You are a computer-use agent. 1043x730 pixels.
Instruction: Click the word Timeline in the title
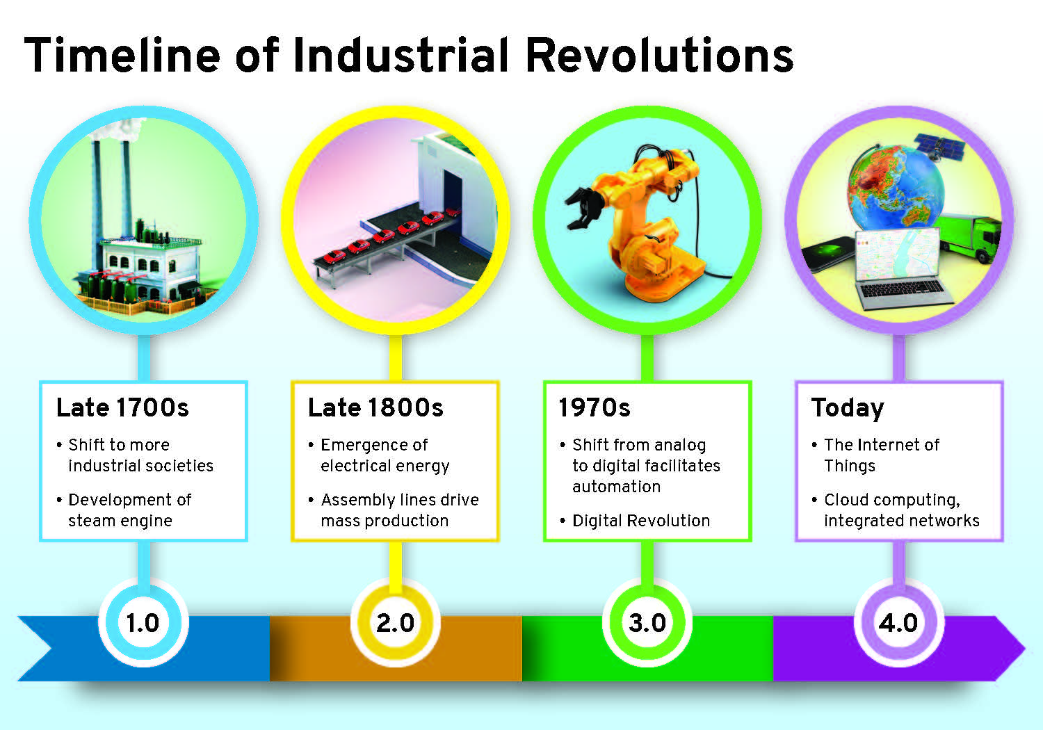[122, 55]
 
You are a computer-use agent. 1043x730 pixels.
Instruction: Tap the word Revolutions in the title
[660, 55]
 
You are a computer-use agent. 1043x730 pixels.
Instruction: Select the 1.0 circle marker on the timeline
[143, 623]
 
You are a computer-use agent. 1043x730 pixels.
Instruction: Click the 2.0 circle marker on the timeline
[396, 623]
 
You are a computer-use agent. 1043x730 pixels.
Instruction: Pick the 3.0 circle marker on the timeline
[647, 623]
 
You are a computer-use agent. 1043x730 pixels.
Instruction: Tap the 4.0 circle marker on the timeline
[899, 623]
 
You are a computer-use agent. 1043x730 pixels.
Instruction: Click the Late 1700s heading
[122, 407]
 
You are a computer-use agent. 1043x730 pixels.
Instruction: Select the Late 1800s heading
[375, 407]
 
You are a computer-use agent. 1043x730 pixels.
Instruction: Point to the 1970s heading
[594, 407]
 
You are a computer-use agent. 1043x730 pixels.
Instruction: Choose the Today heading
[848, 408]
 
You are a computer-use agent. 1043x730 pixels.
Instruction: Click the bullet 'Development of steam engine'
[124, 510]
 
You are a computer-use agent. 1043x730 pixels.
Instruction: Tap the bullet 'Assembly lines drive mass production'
[394, 510]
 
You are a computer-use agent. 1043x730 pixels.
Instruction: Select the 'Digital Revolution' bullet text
[641, 521]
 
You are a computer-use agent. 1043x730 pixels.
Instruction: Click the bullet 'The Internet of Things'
[876, 455]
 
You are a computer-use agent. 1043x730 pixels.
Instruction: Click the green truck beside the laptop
[969, 238]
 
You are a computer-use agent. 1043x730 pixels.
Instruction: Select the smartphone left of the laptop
[829, 254]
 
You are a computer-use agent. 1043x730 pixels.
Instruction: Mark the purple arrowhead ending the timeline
[1010, 648]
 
